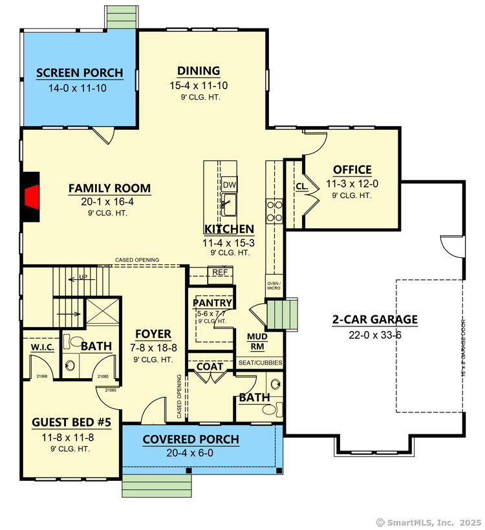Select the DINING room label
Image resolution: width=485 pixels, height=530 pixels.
tap(199, 71)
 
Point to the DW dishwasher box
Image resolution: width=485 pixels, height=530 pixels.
tap(230, 185)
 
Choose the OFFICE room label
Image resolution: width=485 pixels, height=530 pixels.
tap(352, 170)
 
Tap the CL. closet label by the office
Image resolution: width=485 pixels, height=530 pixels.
tap(301, 186)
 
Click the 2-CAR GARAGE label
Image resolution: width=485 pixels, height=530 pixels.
tap(374, 319)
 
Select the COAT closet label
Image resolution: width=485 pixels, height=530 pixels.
tap(210, 366)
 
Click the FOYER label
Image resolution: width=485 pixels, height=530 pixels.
tap(153, 334)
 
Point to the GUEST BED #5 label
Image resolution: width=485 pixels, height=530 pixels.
tap(71, 423)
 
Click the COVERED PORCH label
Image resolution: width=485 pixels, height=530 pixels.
tap(191, 440)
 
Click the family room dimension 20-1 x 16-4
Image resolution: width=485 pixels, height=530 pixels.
tap(109, 202)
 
